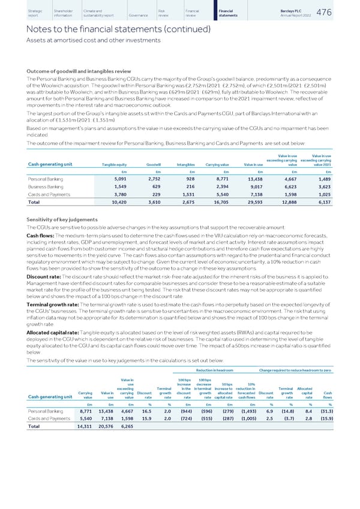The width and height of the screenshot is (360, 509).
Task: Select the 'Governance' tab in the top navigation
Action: [137, 15]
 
